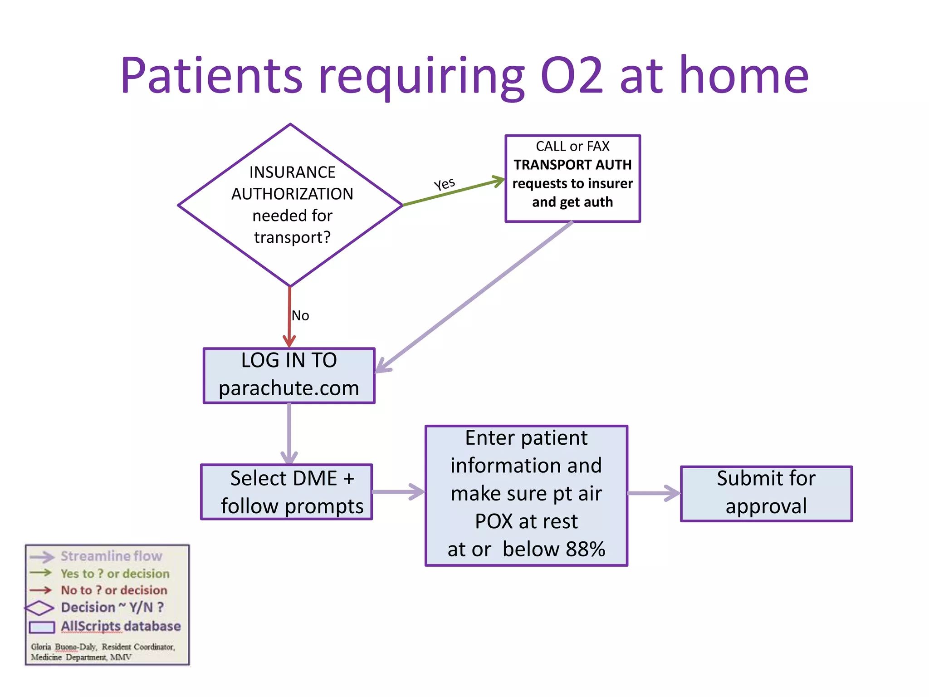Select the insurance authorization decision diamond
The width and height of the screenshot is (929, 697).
click(290, 205)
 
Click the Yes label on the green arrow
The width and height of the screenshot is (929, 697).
click(444, 184)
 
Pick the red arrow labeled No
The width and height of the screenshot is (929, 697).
click(289, 318)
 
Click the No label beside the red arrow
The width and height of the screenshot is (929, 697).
click(300, 315)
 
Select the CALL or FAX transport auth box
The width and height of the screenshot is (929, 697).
click(572, 178)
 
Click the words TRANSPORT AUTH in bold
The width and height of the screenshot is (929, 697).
click(572, 165)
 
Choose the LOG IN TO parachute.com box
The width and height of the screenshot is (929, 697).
click(289, 375)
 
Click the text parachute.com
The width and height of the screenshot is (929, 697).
click(289, 388)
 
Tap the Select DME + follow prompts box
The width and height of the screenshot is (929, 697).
click(287, 492)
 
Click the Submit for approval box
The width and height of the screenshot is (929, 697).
click(766, 494)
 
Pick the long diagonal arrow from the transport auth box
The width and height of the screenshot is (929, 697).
click(474, 297)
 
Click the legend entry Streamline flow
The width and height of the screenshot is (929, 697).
click(111, 556)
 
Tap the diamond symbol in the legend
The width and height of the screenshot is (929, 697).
click(39, 608)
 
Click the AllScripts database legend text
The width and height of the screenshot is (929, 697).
click(121, 626)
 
